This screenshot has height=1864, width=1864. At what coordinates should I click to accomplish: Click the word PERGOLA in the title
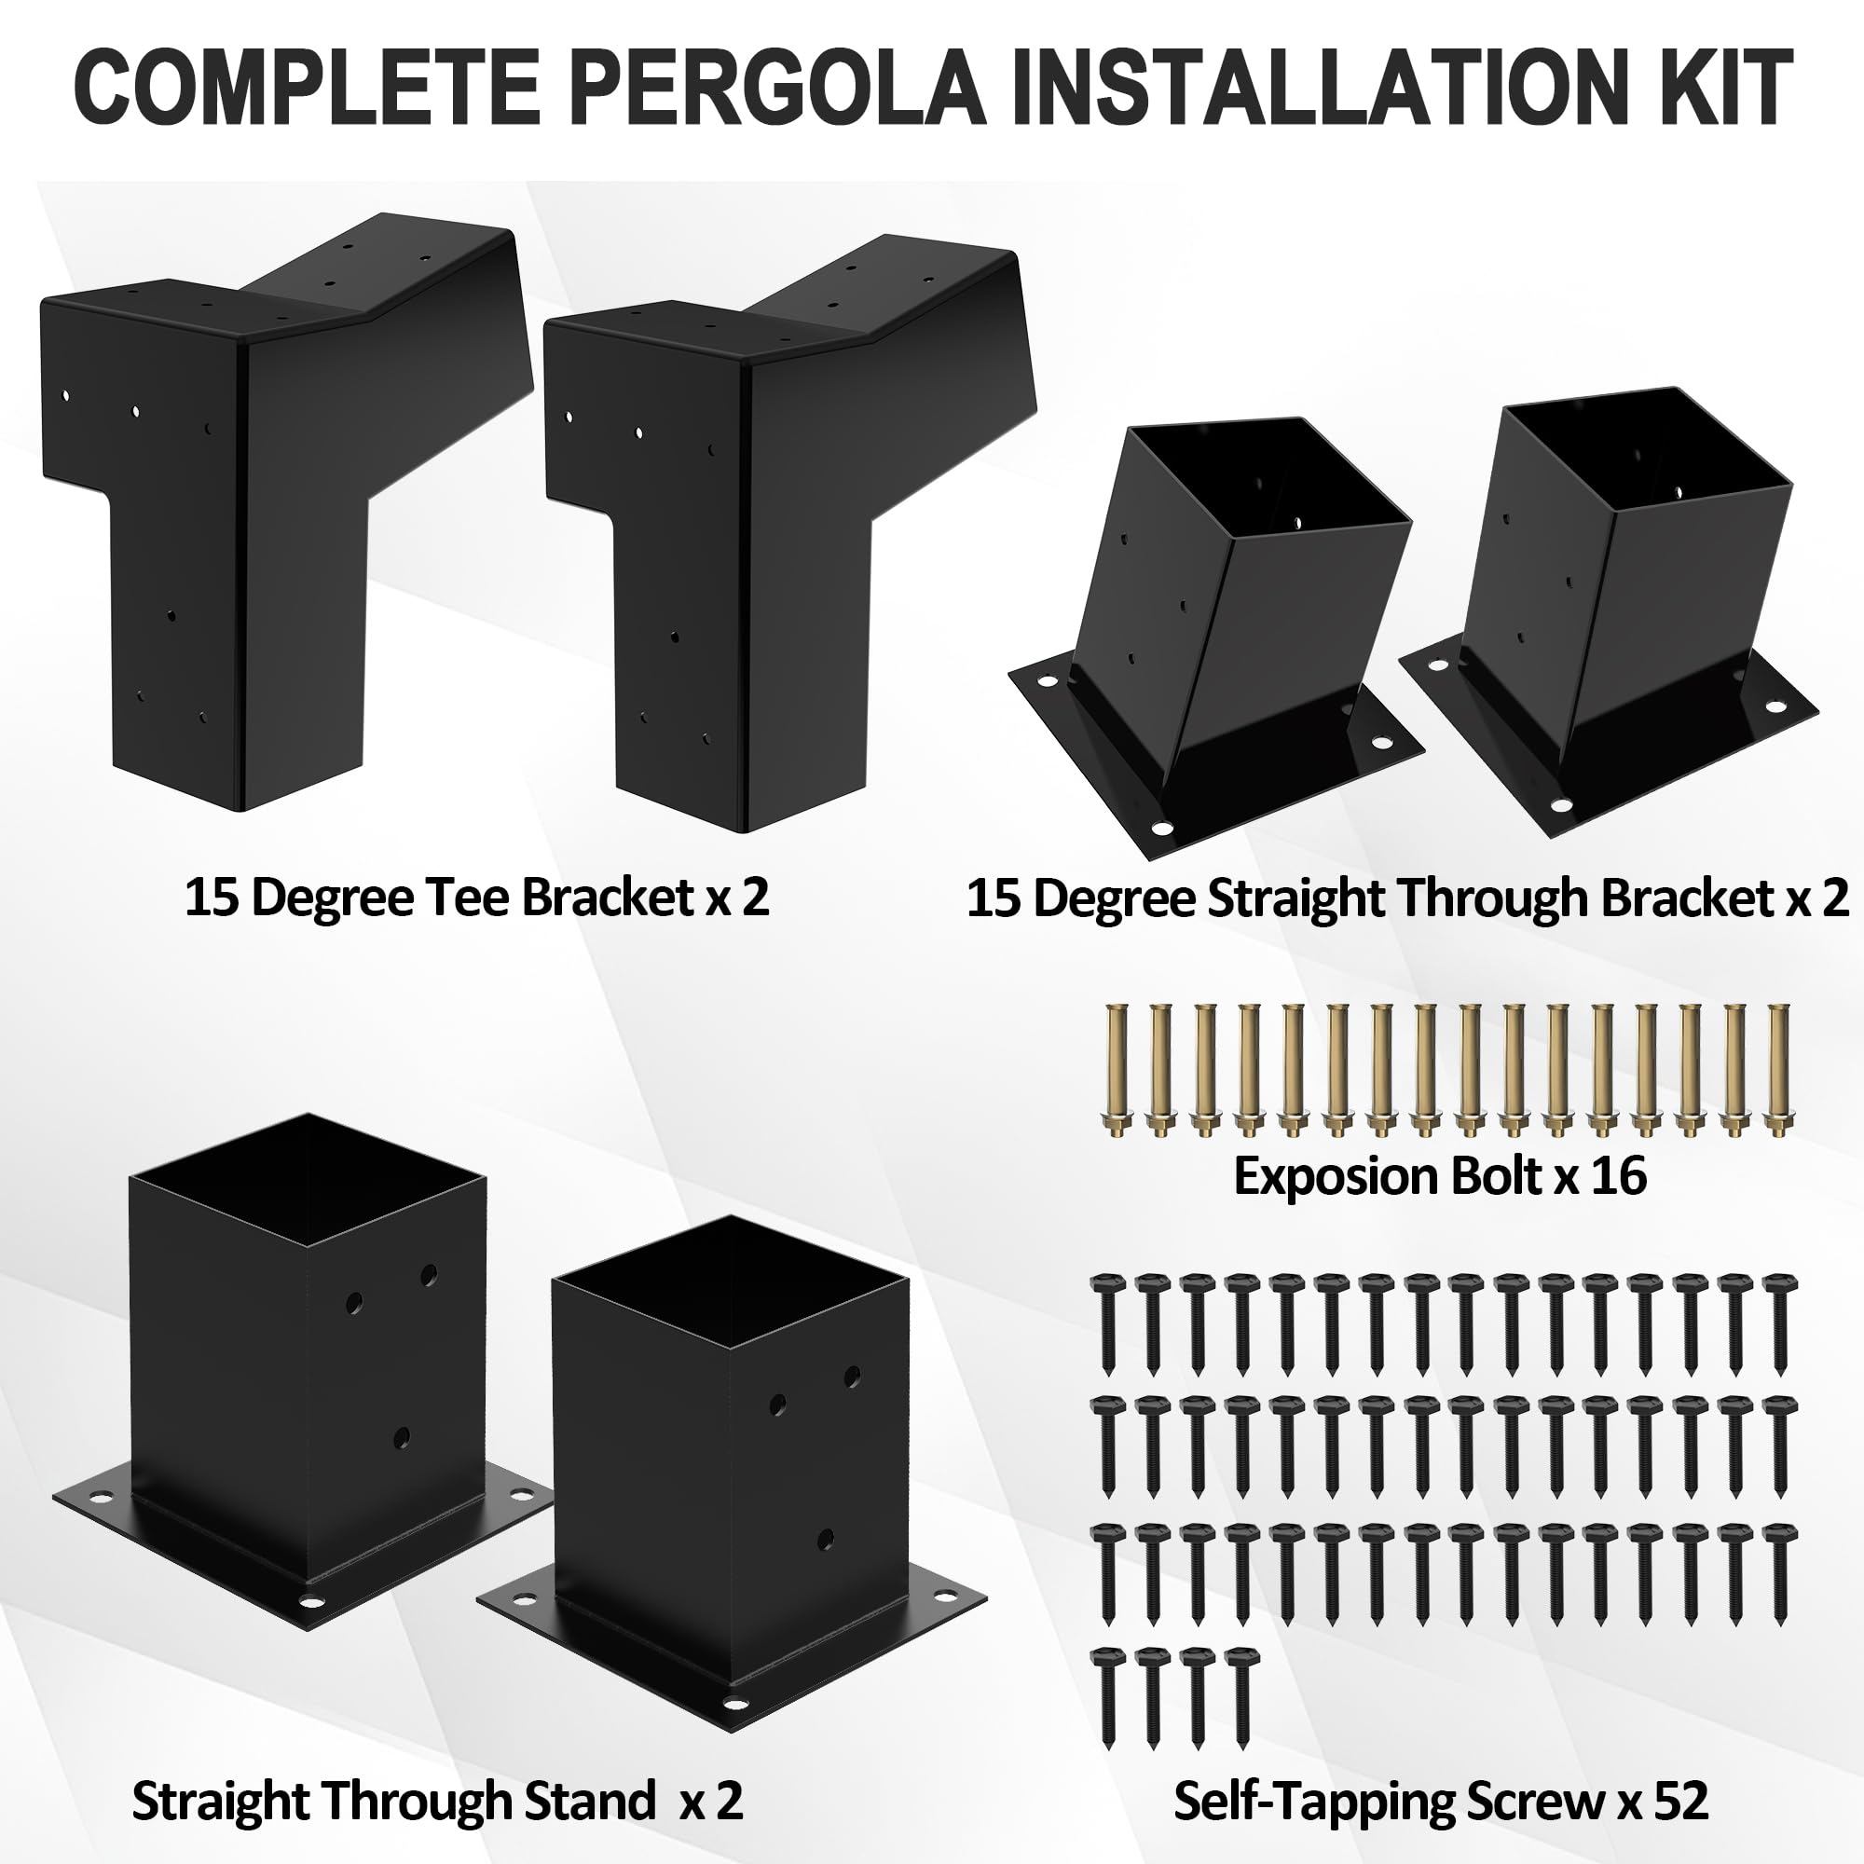pyautogui.click(x=775, y=88)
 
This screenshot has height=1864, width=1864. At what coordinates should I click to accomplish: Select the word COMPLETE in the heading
pyautogui.click(x=307, y=88)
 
